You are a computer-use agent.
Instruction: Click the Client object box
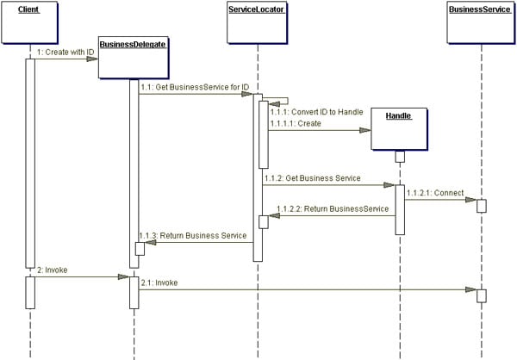[x=29, y=24]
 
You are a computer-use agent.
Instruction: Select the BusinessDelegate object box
[x=132, y=57]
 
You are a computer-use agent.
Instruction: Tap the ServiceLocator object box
[x=257, y=24]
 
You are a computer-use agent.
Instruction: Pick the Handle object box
[x=399, y=130]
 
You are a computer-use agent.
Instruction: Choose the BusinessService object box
[x=481, y=24]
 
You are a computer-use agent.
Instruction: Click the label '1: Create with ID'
[x=65, y=53]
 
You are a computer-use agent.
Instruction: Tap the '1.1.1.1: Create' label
[x=295, y=124]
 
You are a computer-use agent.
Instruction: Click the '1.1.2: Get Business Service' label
[x=312, y=178]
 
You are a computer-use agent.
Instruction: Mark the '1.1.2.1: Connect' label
[x=436, y=193]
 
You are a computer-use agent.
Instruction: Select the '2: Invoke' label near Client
[x=52, y=270]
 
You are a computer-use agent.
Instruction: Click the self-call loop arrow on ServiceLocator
[x=281, y=101]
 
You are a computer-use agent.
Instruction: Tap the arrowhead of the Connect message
[x=472, y=200]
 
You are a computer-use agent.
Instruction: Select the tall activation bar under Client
[x=29, y=164]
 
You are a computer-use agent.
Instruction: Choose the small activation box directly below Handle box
[x=400, y=156]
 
